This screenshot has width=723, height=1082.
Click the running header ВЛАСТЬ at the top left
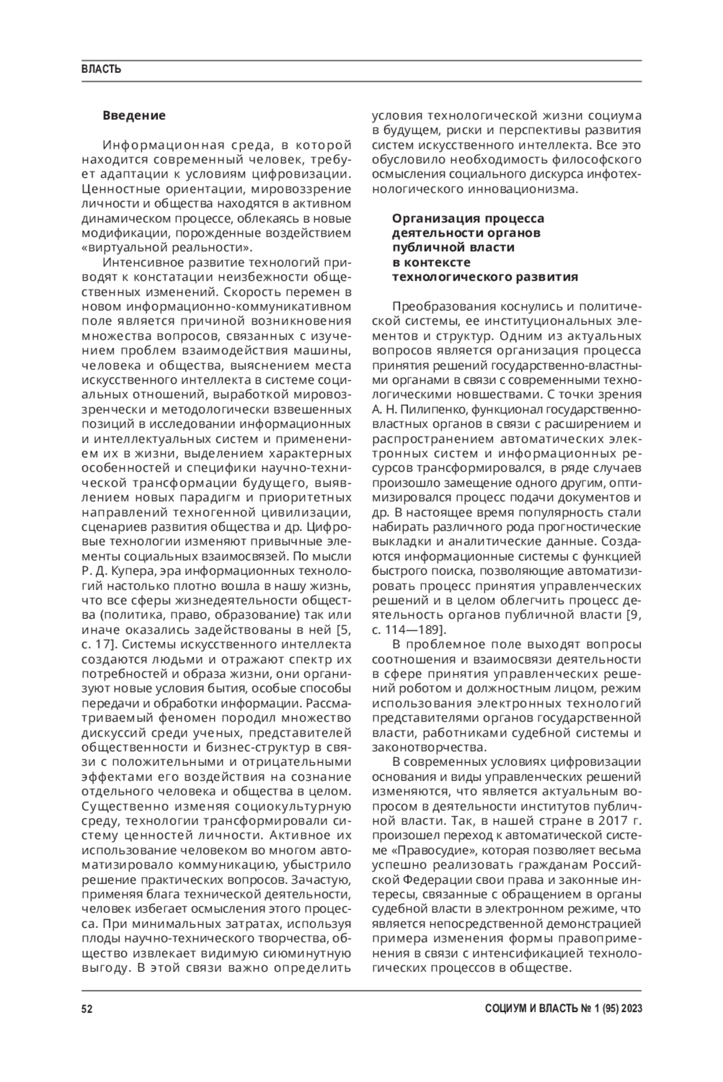(101, 69)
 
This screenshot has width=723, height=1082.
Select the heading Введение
(134, 115)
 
